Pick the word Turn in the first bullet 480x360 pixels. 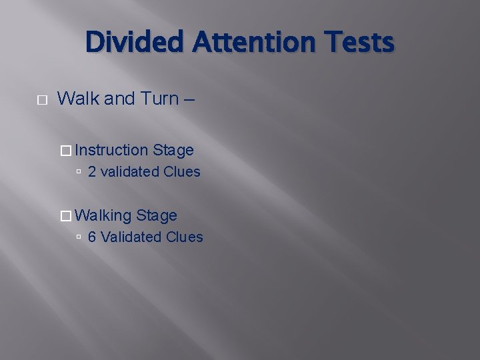[160, 99]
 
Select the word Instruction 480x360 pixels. [112, 150]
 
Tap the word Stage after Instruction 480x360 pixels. [173, 150]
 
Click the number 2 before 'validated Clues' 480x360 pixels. [92, 172]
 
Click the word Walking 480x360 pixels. [104, 215]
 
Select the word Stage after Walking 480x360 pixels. [157, 215]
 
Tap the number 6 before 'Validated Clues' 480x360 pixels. [92, 237]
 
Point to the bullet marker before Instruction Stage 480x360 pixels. [65, 151]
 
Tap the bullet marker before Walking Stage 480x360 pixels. [65, 216]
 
